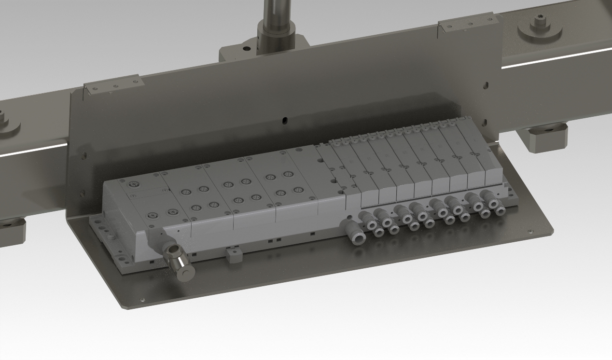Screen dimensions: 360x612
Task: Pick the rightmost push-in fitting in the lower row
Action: click(x=499, y=209)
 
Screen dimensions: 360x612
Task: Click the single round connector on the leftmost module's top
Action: click(x=135, y=185)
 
